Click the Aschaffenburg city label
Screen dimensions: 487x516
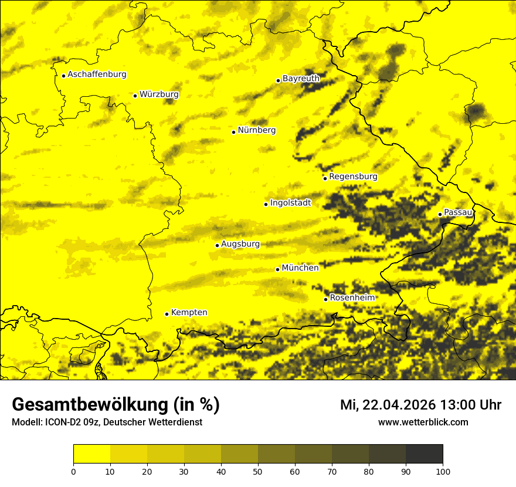point(97,75)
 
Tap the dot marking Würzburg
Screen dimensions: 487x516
point(135,96)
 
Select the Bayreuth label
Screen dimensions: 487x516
point(301,78)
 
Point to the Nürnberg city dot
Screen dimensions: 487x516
point(233,132)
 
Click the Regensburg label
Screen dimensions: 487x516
point(353,177)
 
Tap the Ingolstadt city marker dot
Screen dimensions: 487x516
point(266,204)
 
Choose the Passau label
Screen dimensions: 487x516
point(458,212)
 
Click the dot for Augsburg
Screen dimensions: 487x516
point(217,245)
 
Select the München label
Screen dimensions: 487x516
point(300,268)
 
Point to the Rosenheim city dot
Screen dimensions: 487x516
point(325,299)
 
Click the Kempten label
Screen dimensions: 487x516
point(189,312)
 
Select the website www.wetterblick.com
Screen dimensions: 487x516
point(423,422)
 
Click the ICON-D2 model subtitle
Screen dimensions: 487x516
point(107,422)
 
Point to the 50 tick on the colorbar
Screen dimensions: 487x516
point(258,464)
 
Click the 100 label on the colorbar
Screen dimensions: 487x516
point(443,471)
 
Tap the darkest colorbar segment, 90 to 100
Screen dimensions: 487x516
point(424,454)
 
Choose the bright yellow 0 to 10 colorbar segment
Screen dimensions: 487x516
point(91,454)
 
